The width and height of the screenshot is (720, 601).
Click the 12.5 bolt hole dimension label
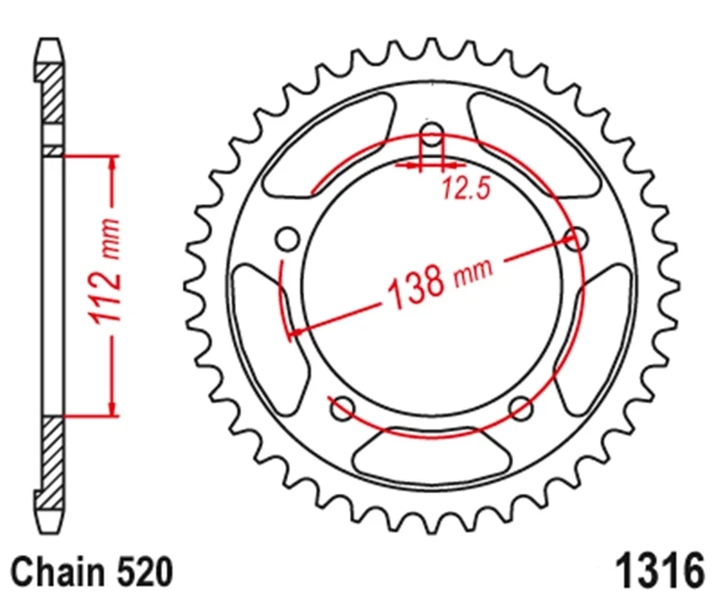click(x=466, y=188)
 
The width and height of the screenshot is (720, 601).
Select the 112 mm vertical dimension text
click(x=106, y=272)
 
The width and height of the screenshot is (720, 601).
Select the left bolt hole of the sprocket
click(x=288, y=238)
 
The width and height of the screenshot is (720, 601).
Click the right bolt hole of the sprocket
click(x=576, y=238)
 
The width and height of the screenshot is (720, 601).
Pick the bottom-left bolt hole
click(x=343, y=408)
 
